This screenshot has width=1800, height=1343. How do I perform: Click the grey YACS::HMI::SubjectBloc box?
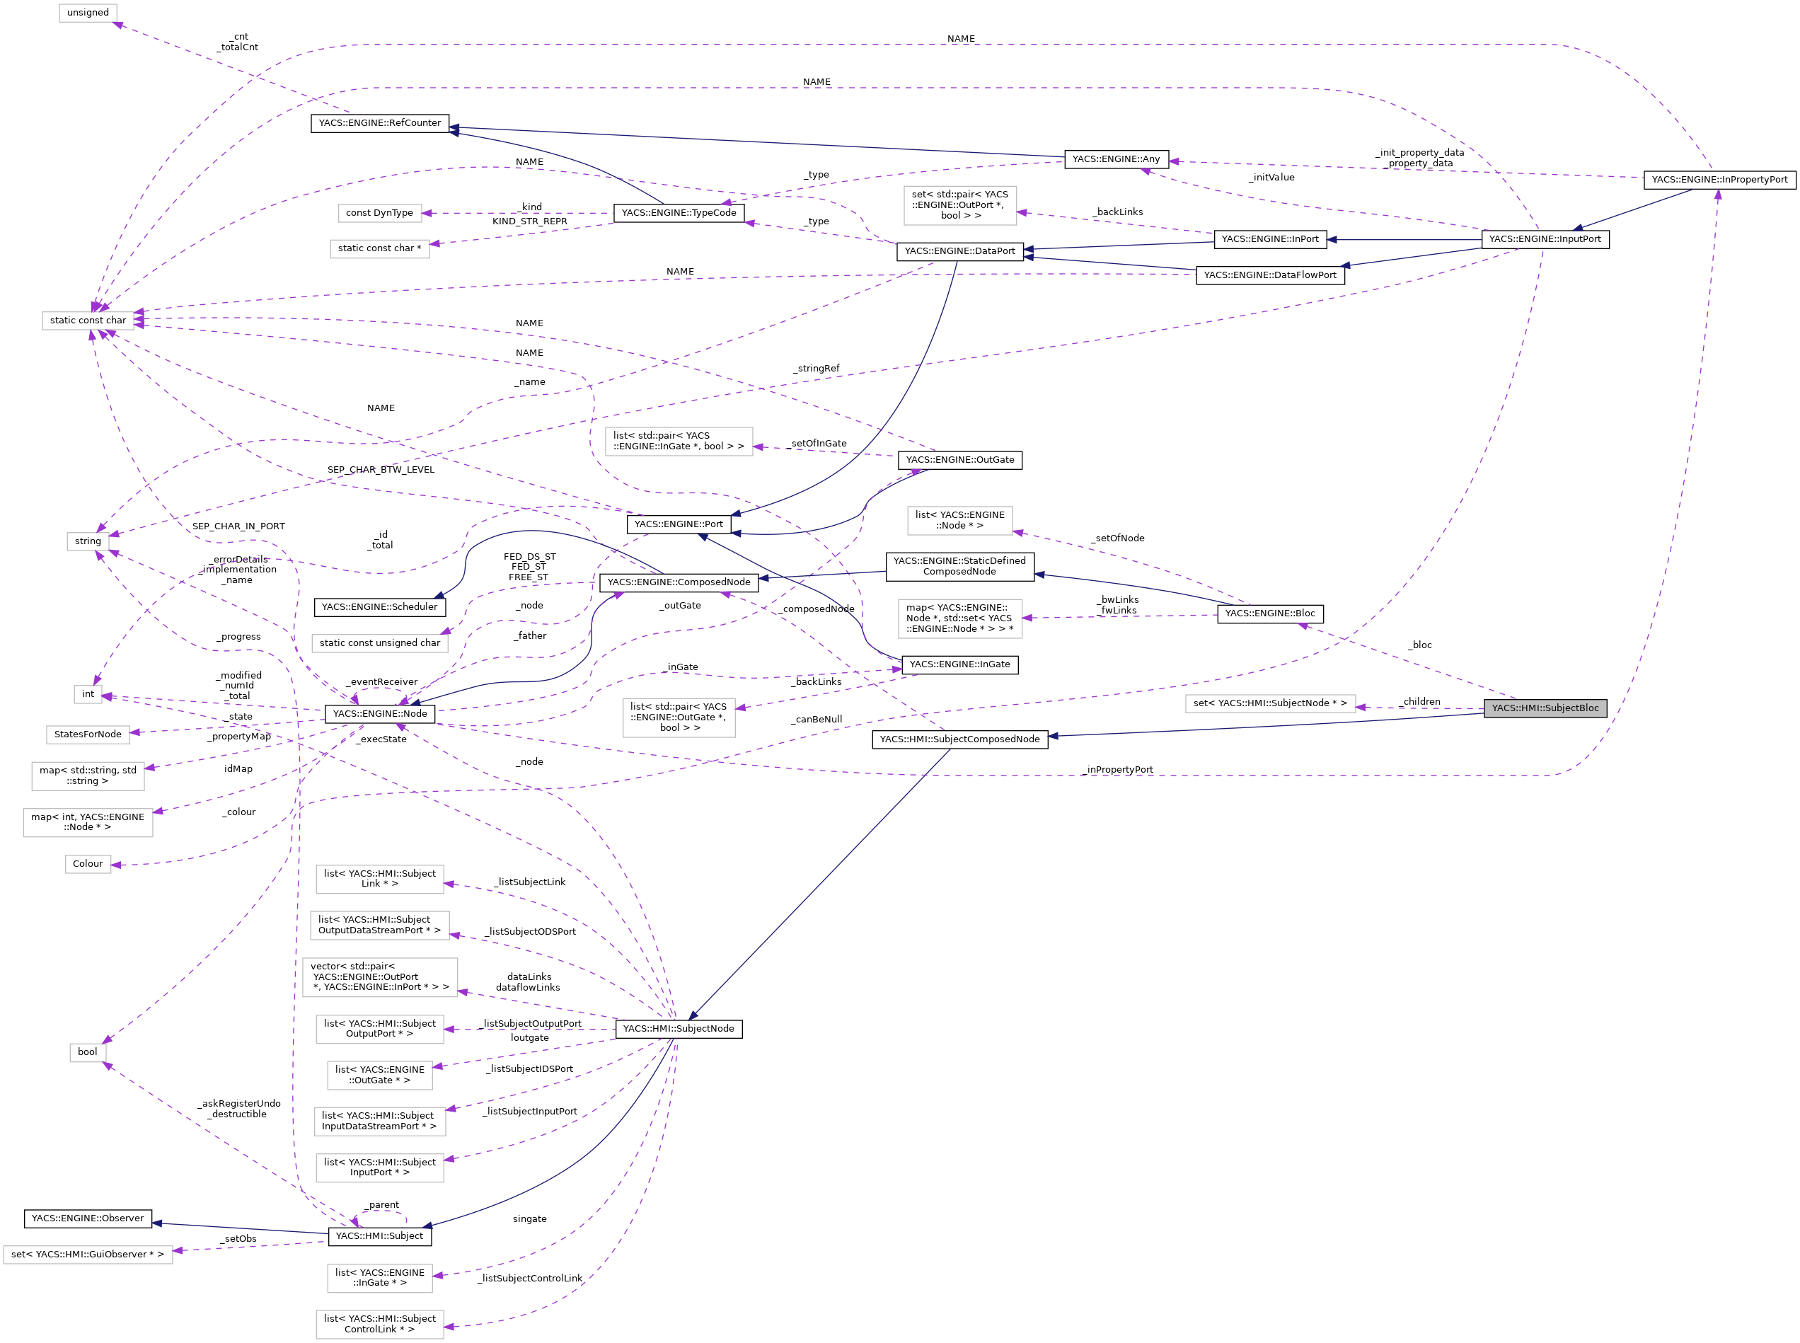point(1544,708)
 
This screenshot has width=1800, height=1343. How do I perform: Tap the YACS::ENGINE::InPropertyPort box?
point(1719,180)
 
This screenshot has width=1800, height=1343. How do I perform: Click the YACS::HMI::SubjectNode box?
point(678,1030)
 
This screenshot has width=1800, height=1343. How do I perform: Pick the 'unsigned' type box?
point(88,13)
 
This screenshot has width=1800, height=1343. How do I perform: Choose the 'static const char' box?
point(88,321)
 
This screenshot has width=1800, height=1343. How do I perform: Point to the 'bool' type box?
point(87,1052)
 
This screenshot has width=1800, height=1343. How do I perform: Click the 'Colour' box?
point(88,864)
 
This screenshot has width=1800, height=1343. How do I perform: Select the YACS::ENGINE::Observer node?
point(88,1218)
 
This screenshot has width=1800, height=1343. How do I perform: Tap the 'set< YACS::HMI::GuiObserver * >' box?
point(88,1255)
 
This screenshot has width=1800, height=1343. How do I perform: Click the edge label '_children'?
point(1419,702)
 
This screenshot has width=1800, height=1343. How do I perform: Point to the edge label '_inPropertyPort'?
point(1118,770)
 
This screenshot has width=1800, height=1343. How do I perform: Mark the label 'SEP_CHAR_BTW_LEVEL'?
point(381,470)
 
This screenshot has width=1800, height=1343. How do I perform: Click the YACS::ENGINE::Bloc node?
point(1269,613)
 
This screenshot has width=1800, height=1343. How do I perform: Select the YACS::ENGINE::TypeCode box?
point(678,213)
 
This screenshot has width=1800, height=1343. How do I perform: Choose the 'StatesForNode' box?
point(88,734)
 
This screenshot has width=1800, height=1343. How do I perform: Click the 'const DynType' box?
point(380,213)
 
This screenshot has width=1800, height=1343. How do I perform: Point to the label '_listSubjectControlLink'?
point(530,1279)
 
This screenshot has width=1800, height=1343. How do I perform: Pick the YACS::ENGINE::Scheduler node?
point(380,607)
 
